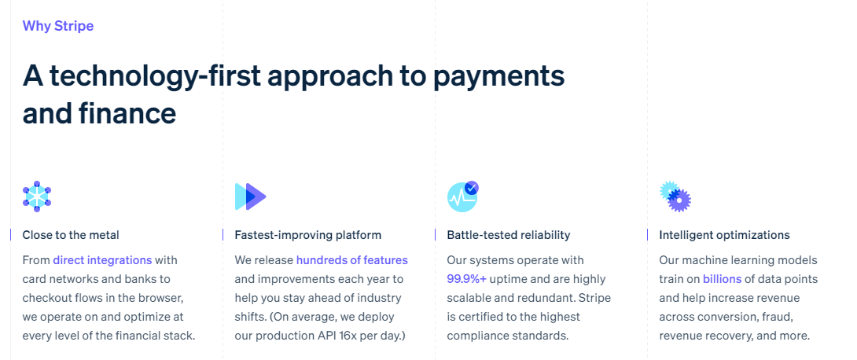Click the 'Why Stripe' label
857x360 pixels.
pos(58,26)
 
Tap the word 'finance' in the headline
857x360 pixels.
pos(127,113)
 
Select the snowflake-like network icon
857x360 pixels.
pos(37,196)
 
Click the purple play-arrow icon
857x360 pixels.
pos(250,196)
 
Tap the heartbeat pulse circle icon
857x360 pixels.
pos(461,197)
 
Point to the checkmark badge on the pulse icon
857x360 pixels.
pos(472,188)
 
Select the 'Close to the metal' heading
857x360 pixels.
pos(71,235)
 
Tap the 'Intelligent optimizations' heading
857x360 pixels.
pos(724,235)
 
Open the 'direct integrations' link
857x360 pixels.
pos(102,260)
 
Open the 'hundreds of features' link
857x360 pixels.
pos(351,260)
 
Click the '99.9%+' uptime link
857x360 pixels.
pos(468,279)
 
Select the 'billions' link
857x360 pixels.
pos(723,279)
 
